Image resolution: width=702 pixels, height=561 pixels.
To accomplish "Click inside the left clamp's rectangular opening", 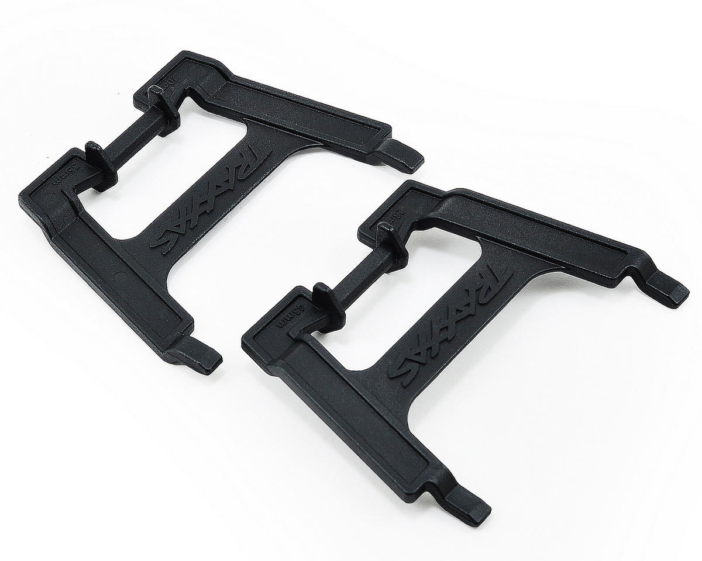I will click(x=146, y=181).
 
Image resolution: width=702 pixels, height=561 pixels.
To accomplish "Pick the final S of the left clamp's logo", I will click(x=163, y=240).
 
